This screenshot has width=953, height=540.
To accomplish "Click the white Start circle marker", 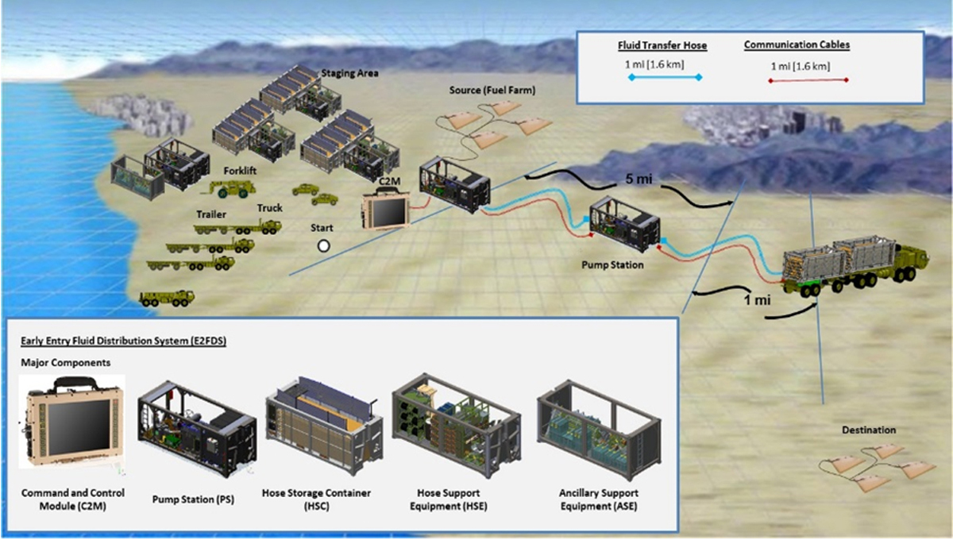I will [x=323, y=245].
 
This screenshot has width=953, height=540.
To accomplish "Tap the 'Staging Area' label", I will [x=349, y=74].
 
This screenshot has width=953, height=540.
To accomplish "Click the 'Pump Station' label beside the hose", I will [x=617, y=264].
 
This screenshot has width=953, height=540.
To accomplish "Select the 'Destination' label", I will [x=869, y=430].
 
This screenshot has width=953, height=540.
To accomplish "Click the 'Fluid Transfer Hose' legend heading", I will [x=662, y=46].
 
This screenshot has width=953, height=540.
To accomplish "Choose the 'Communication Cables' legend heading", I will [x=797, y=45].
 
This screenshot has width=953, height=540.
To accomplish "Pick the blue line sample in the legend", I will [x=665, y=78].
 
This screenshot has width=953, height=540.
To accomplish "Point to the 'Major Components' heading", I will [x=64, y=363].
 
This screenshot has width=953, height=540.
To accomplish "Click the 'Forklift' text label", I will [x=217, y=169].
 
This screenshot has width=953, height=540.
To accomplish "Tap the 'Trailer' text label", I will [x=211, y=214].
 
